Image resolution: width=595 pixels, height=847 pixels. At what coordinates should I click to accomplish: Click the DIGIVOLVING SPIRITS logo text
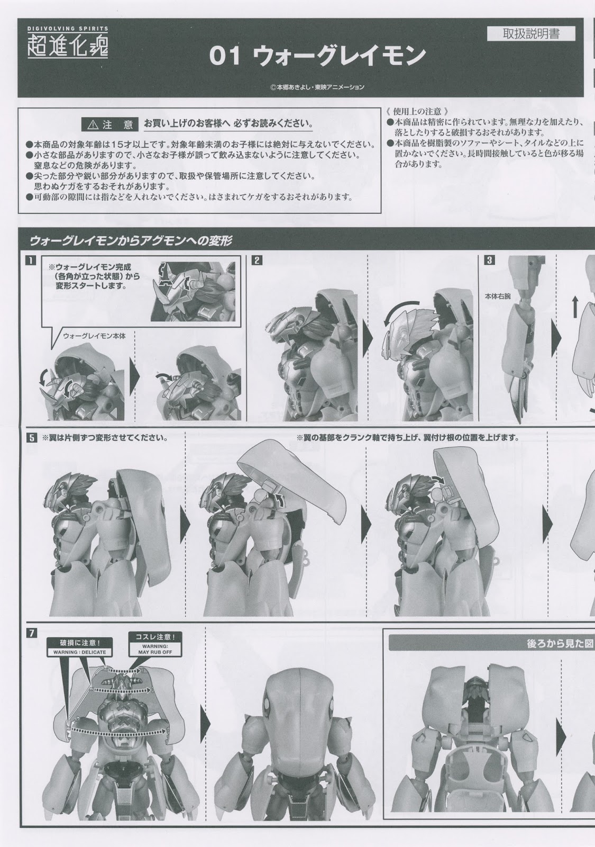68,29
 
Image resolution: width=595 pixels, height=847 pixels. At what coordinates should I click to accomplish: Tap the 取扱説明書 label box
531,34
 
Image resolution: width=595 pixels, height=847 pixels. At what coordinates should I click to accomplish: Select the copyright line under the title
317,87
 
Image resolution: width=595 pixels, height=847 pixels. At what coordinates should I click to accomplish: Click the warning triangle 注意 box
109,124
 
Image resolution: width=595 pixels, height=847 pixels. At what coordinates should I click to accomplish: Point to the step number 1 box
31,260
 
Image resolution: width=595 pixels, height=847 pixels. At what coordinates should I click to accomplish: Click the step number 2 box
257,260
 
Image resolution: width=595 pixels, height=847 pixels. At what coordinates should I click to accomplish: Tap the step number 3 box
489,260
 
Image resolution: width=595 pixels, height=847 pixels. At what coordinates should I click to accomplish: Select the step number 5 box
31,438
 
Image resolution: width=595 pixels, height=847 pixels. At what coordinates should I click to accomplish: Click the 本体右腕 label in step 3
498,296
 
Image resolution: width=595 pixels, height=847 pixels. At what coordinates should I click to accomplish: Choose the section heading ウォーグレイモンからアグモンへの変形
131,241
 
